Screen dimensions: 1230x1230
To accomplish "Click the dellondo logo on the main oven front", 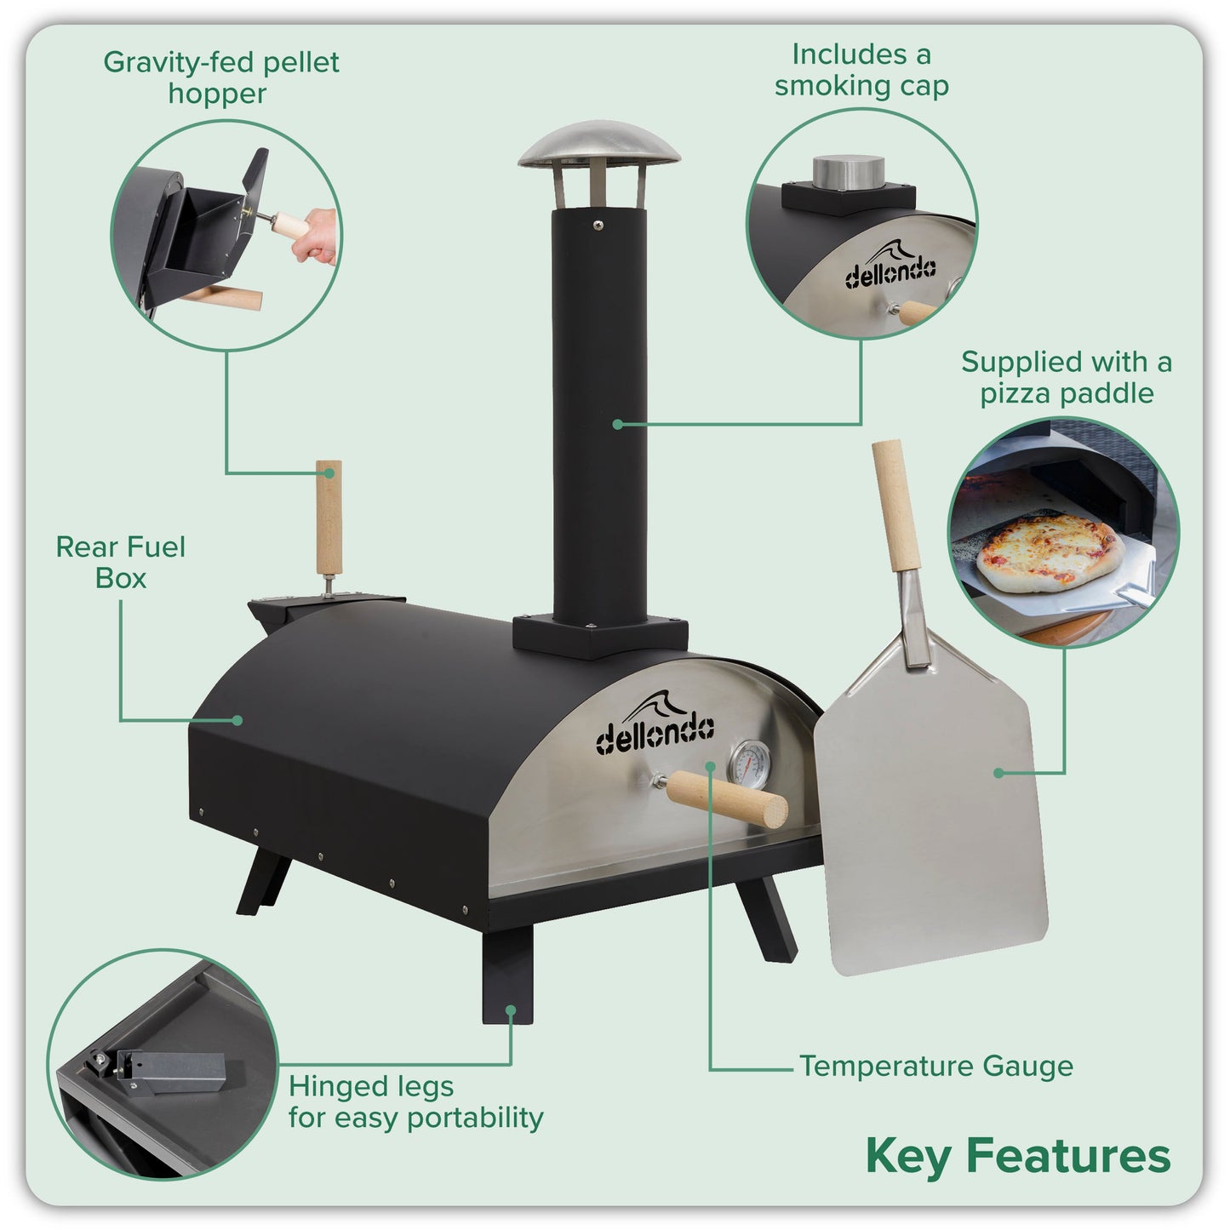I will click(x=654, y=728).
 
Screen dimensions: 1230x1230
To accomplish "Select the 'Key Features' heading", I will click(x=1017, y=1156).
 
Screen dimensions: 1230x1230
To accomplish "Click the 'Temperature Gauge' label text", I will click(x=935, y=1066).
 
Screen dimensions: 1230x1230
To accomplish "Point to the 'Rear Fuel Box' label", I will click(x=120, y=562).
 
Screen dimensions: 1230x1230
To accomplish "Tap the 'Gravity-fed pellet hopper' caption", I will click(x=220, y=77).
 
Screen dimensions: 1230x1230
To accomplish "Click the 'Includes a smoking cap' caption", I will click(x=861, y=70).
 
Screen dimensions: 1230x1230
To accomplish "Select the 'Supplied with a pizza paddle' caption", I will click(x=1066, y=377).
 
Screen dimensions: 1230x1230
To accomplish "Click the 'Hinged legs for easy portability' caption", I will click(x=415, y=1101).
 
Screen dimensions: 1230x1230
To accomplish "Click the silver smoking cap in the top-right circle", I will click(x=846, y=171).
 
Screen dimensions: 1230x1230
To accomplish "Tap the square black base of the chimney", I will click(x=599, y=633).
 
